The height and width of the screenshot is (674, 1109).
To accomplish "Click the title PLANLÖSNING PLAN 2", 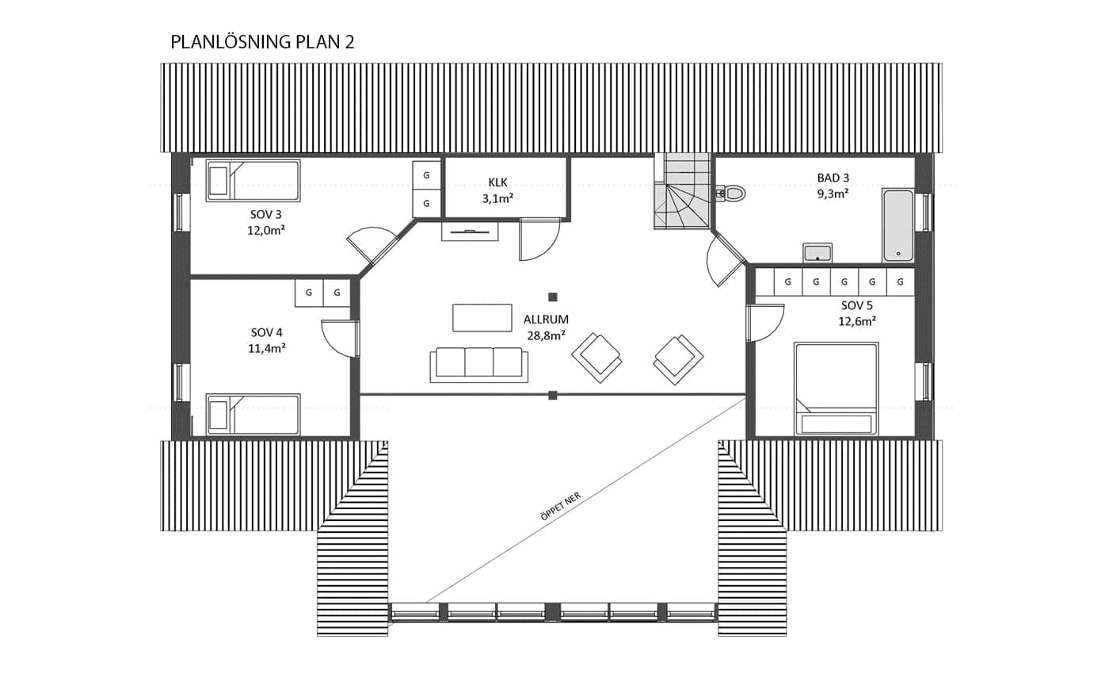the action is point(262,42).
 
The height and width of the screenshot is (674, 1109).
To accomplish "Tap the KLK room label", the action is point(497,182).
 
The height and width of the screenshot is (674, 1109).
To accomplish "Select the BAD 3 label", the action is point(833,178).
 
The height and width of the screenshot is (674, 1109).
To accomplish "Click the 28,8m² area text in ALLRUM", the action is point(546,335).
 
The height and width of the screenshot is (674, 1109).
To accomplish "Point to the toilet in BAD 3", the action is point(730,193).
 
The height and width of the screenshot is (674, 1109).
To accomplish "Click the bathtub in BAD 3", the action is point(898,225).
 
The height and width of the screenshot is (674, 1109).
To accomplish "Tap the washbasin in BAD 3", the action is point(817,252).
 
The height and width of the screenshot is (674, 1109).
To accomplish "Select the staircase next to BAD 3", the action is point(683,191).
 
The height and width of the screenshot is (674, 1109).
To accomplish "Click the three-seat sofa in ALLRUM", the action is point(478,365).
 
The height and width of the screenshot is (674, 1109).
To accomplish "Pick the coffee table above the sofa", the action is point(482,318).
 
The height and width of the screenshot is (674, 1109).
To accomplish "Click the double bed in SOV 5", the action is point(837,389).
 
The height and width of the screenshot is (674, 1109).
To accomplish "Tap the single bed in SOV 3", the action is point(253,181).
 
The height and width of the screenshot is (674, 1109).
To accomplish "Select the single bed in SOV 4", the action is point(253,415).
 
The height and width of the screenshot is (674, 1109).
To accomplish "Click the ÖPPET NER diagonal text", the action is point(561,506).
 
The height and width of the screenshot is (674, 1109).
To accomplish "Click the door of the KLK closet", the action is point(539,239).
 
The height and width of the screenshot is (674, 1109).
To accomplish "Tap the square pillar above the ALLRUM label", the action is point(553,297).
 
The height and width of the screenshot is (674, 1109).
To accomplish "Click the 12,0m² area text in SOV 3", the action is point(266,231).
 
